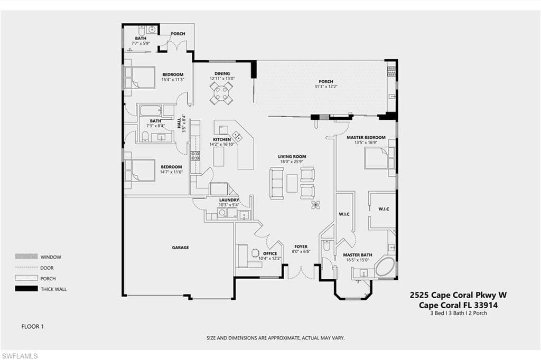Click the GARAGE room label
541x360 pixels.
tap(181, 247)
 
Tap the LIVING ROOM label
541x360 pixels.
tap(292, 157)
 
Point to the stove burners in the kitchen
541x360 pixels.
tap(195, 156)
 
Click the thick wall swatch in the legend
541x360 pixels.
tap(26, 289)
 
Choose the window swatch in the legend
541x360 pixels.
tap(26, 257)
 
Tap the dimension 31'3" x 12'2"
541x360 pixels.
tap(325, 87)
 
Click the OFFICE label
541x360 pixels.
tap(270, 253)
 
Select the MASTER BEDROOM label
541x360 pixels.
tap(366, 137)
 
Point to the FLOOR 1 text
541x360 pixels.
tap(32, 326)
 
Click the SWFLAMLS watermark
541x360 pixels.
tap(20, 356)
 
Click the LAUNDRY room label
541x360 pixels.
tap(229, 200)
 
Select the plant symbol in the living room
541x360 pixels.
tap(315, 205)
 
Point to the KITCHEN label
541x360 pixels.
tap(222, 139)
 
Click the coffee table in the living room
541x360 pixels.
tap(292, 183)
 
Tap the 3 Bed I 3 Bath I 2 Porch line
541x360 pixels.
tap(459, 313)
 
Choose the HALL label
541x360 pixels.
tap(179, 123)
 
